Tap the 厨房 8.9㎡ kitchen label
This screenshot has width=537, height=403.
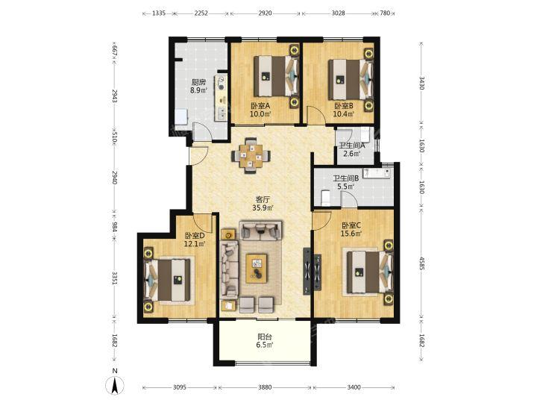[198, 87]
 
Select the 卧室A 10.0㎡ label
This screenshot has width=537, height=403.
[260, 110]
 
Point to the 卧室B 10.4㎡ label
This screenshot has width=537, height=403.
[344, 110]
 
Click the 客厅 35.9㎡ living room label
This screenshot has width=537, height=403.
[263, 204]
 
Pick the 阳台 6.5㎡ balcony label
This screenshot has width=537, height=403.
[264, 341]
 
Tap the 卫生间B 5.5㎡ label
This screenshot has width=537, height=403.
[346, 182]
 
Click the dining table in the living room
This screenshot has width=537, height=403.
[252, 156]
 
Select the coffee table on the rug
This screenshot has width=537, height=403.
[257, 269]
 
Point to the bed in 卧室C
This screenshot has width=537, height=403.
[369, 272]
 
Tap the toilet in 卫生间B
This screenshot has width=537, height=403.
[325, 198]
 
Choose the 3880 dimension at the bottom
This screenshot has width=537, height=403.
[265, 387]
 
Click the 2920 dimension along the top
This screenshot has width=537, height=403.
[265, 13]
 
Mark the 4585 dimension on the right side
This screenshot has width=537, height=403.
[421, 264]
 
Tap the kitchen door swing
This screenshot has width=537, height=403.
[201, 131]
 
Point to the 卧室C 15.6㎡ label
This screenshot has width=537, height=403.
[351, 230]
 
